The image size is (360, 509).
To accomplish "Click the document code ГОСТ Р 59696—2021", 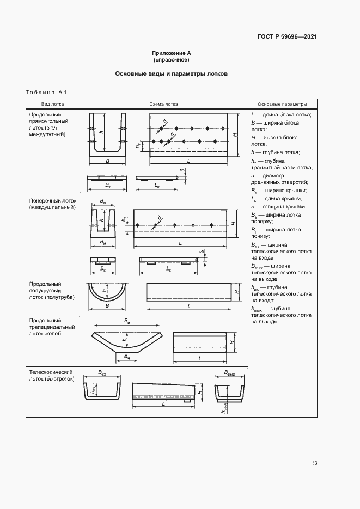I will (x=287, y=37).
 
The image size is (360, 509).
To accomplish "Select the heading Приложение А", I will (x=171, y=53).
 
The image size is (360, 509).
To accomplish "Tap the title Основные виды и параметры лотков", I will (x=171, y=73).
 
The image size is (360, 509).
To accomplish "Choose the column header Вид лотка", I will (x=53, y=104).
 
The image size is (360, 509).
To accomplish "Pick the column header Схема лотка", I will (x=163, y=104).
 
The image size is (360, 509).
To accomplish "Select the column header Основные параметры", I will (x=282, y=104).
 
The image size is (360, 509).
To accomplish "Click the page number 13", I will (x=314, y=463).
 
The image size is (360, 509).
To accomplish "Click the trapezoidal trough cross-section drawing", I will (x=126, y=340).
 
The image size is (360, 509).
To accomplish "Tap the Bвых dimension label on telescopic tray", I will (x=229, y=374).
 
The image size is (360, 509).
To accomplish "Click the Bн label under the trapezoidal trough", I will (x=126, y=357).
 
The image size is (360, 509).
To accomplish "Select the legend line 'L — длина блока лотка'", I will (x=281, y=115).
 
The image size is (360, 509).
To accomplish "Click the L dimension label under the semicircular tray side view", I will (x=189, y=306).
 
